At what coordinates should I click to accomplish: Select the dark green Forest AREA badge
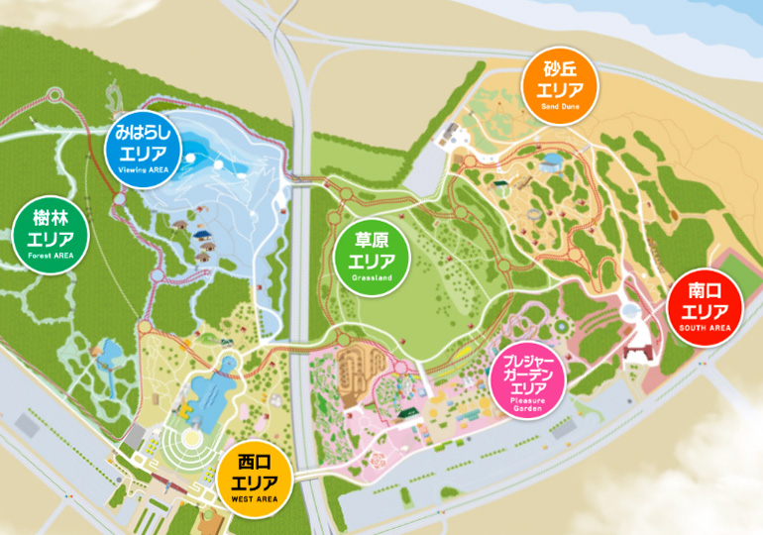point(51,232)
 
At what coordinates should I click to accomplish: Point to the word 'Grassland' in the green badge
point(372,278)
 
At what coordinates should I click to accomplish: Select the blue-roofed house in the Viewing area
point(203,235)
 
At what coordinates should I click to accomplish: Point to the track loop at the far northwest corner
point(54,96)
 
